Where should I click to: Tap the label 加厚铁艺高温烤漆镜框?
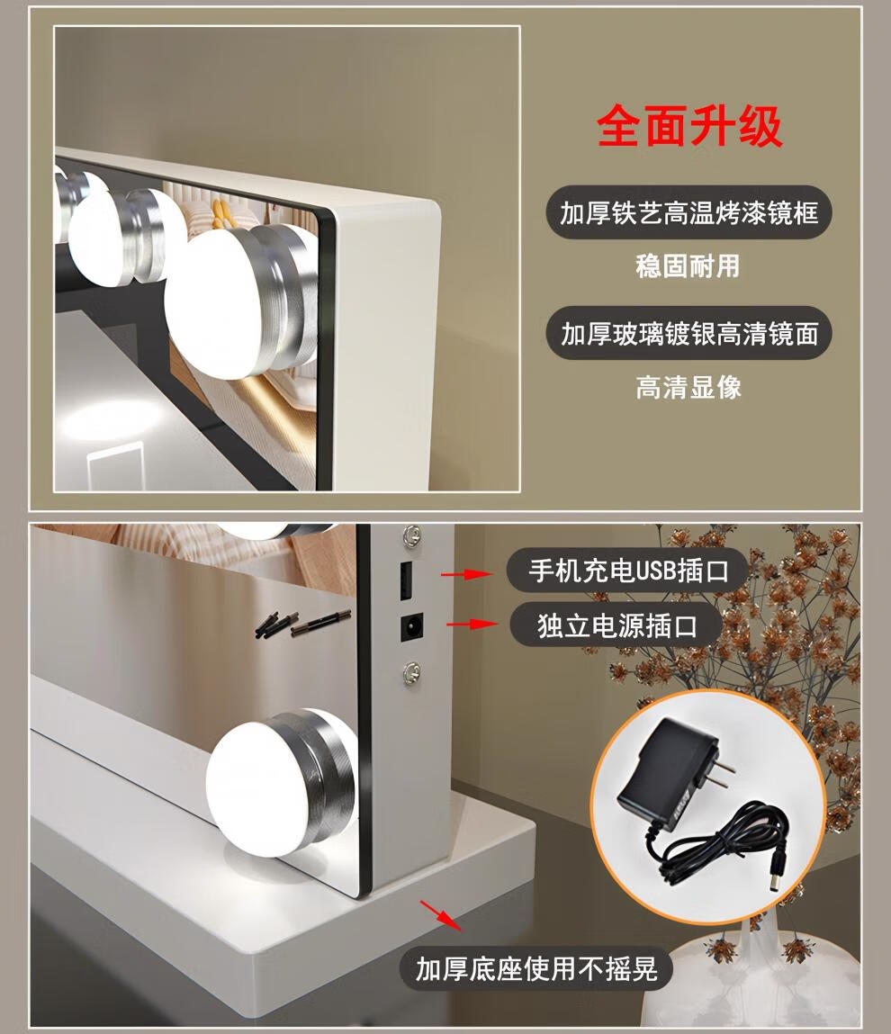click(x=688, y=213)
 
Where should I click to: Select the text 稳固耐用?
click(x=688, y=266)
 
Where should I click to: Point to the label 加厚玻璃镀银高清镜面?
click(x=688, y=334)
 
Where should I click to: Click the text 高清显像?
click(x=688, y=387)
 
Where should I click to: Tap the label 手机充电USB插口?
click(x=627, y=571)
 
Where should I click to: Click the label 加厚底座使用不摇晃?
click(x=536, y=968)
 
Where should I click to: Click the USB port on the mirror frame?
click(x=406, y=580)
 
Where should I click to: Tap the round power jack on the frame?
click(x=412, y=626)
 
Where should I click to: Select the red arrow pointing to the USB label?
click(x=466, y=574)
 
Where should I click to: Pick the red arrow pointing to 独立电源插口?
click(x=472, y=624)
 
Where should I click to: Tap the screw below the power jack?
click(x=412, y=671)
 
